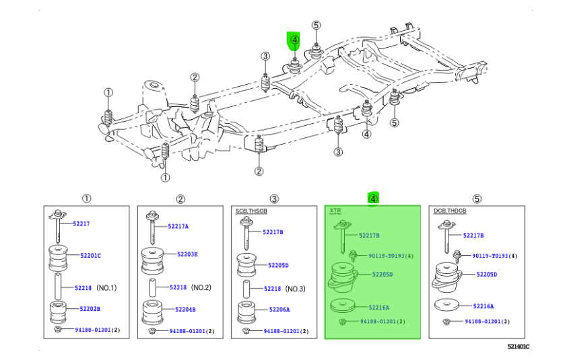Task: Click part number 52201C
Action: (91, 255)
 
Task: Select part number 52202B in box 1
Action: (90, 309)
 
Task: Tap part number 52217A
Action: (178, 226)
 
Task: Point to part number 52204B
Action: (183, 310)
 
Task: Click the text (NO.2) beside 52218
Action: (202, 287)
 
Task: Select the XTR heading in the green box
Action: (335, 211)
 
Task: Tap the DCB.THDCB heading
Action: (449, 211)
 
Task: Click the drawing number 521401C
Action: (519, 347)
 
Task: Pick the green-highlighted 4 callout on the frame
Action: (294, 40)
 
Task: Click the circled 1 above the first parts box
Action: (86, 199)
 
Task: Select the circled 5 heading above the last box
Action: (477, 199)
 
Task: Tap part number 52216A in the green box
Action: (378, 307)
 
